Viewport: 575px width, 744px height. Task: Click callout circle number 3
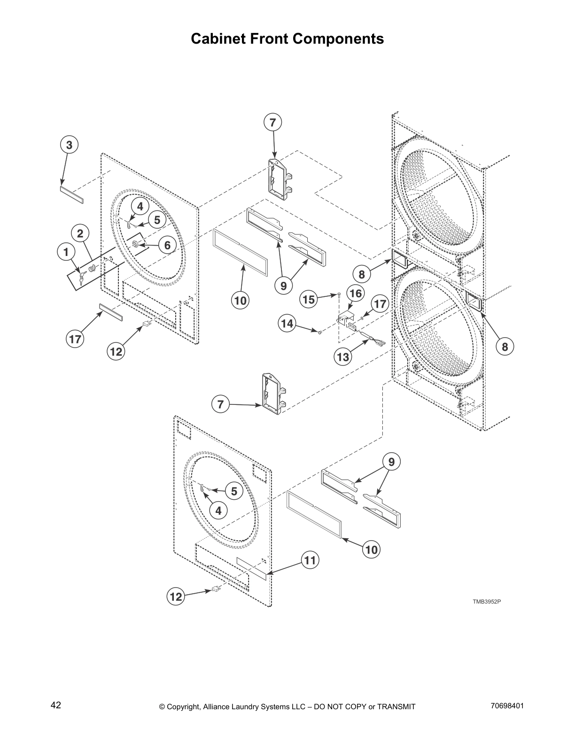point(69,145)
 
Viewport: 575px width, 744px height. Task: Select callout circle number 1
point(66,252)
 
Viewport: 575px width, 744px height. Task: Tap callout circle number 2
point(80,233)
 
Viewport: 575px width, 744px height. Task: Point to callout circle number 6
point(167,245)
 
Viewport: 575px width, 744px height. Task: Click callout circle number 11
point(310,560)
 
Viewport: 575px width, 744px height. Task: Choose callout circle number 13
point(343,357)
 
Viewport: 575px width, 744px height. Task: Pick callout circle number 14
point(288,324)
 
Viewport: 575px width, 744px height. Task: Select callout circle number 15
point(309,300)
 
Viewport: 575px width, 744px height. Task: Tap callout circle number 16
point(356,294)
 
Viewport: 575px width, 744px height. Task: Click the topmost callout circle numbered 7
point(272,123)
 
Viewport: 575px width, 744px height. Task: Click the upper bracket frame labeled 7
point(279,176)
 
